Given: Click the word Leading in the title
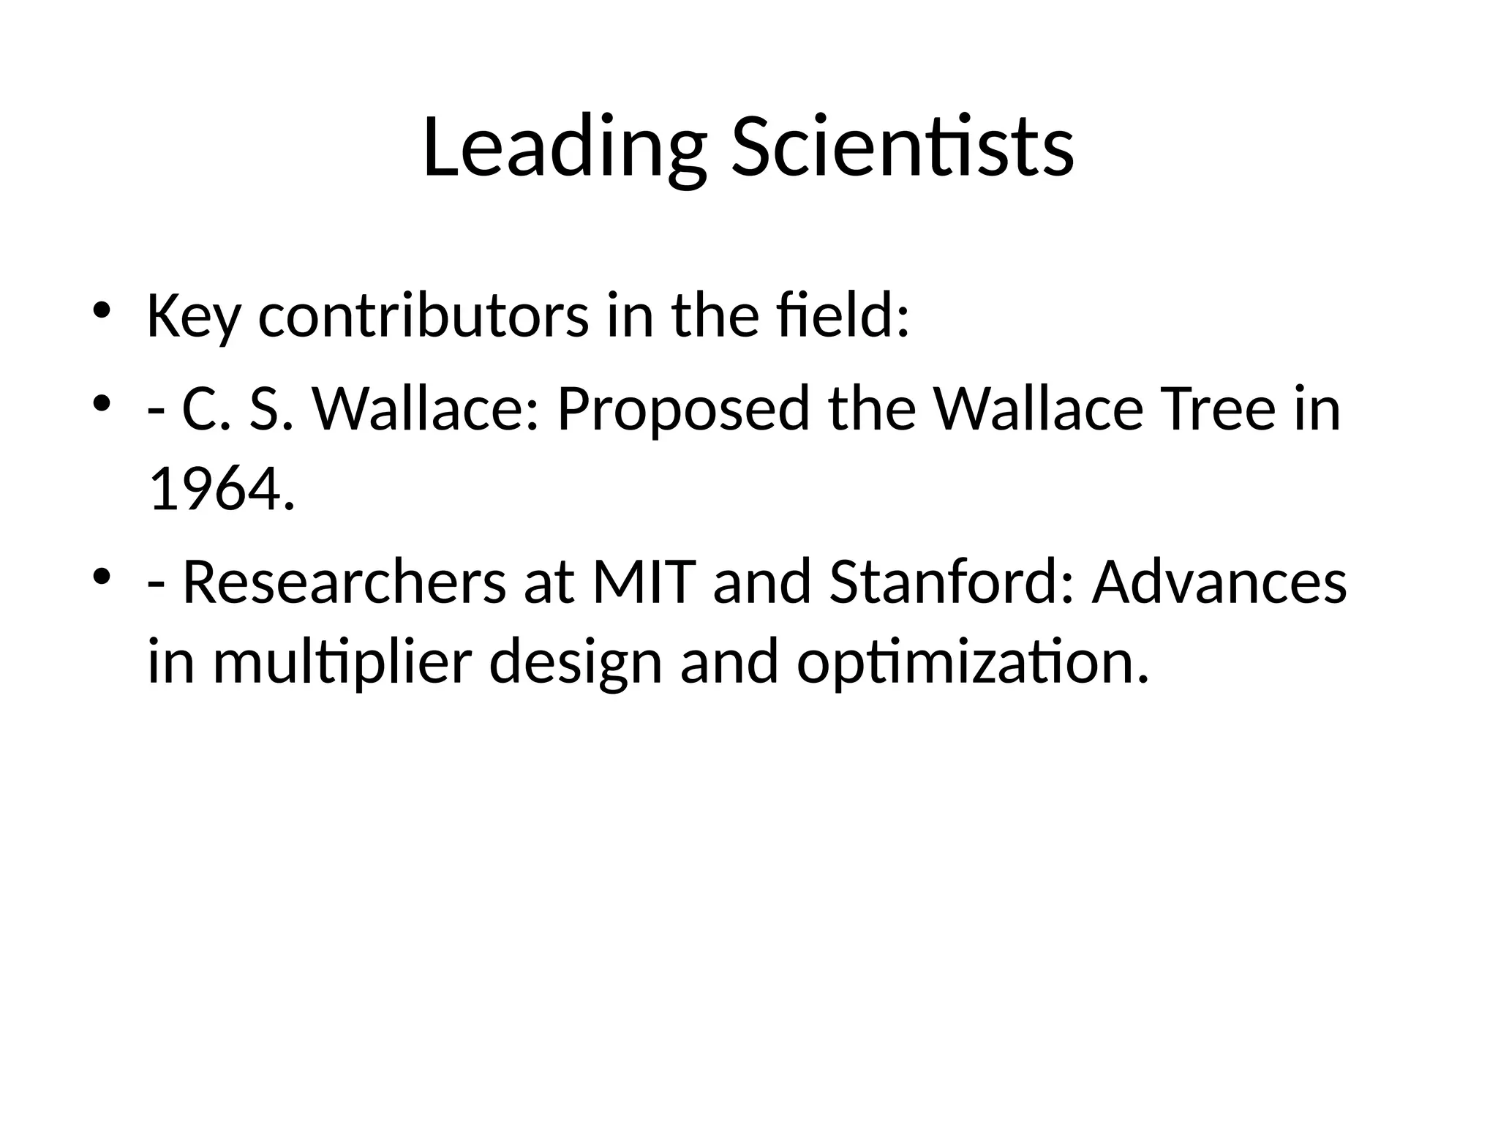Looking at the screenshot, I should pyautogui.click(x=564, y=149).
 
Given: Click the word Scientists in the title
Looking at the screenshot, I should pyautogui.click(x=903, y=149).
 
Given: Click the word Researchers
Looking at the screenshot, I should pyautogui.click(x=344, y=582).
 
